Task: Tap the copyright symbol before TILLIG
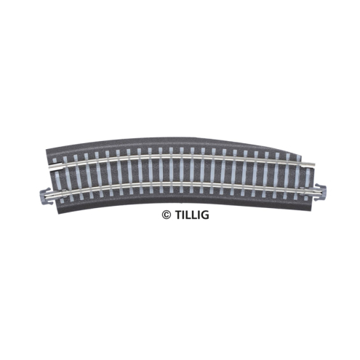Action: [166, 215]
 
